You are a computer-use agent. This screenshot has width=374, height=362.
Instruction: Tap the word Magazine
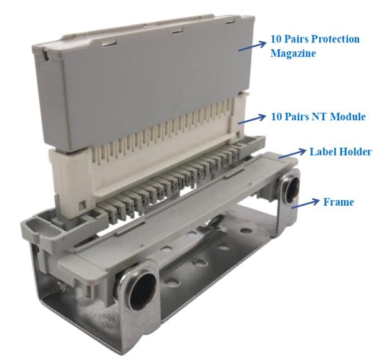coord(292,54)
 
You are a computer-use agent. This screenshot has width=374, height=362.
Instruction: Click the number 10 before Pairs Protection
coord(276,39)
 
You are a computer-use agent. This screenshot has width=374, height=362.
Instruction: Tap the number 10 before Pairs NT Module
coord(276,117)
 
